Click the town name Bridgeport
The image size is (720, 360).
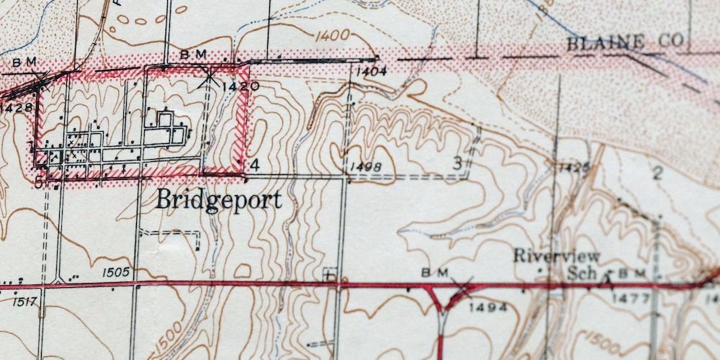[x=219, y=199]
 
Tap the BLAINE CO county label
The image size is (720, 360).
[x=624, y=42]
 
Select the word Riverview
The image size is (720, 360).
[x=557, y=256]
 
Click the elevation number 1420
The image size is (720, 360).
[x=240, y=86]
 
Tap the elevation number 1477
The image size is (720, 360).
[x=631, y=297]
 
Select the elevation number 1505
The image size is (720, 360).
[x=115, y=271]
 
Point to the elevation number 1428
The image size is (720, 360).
[x=17, y=108]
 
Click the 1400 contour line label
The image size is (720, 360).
[x=331, y=35]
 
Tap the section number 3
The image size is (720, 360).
[x=456, y=163]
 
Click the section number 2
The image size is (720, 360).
[x=656, y=172]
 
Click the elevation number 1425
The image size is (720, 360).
[x=573, y=168]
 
